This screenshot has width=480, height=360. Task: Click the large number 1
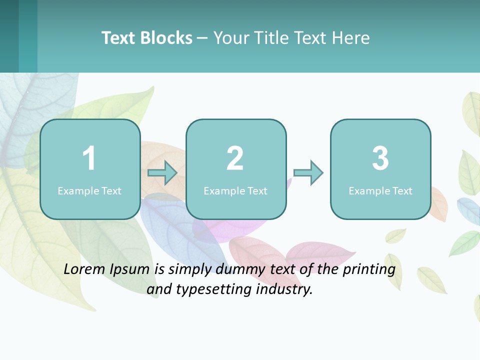89,159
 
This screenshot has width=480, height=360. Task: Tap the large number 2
235,159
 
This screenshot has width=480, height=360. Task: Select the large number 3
380,159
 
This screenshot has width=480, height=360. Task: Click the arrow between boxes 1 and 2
163,173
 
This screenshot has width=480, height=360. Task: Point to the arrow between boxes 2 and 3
308,173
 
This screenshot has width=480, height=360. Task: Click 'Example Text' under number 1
89,190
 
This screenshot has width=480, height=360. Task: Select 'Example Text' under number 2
235,190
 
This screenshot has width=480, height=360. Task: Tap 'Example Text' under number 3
380,190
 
